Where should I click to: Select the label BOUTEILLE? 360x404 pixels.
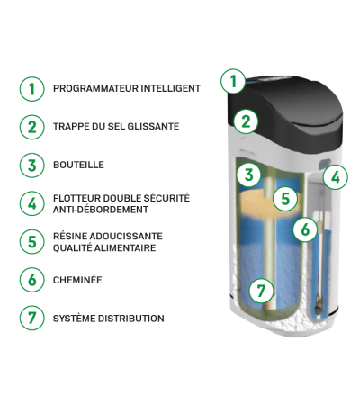[78, 165]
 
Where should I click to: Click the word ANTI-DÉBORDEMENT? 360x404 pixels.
[101, 210]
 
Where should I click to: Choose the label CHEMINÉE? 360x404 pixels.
[77, 280]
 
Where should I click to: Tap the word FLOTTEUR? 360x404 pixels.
[76, 198]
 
